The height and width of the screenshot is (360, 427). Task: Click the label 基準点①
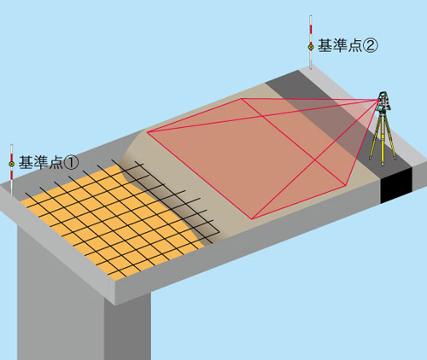48,162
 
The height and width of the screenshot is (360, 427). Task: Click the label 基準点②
348,45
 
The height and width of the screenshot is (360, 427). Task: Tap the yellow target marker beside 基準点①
12,164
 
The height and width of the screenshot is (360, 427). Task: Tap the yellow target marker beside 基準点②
311,46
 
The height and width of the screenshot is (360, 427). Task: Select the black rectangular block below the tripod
396,186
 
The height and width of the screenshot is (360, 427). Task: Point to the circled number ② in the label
371,46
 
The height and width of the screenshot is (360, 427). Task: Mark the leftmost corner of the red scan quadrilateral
147,132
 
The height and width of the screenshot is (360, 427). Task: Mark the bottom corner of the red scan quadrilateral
252,219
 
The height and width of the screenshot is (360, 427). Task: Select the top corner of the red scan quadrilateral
242,99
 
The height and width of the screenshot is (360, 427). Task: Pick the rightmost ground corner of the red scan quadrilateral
346,185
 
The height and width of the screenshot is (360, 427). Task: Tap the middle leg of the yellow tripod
383,139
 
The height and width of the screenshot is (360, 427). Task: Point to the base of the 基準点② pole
311,68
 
